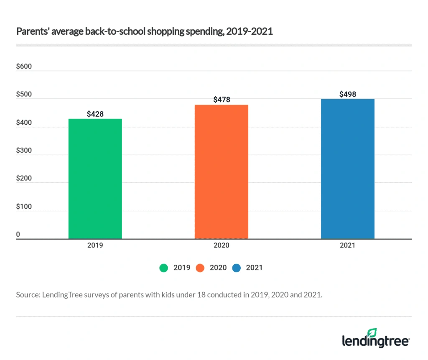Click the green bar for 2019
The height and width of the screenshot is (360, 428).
pos(95,179)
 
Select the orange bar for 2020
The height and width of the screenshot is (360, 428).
pos(221,171)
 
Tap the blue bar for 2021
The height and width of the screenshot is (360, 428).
pos(347,169)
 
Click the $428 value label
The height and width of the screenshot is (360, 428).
pos(95,114)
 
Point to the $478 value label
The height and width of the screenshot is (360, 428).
pos(222,100)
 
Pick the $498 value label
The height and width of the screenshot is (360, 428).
pos(347,94)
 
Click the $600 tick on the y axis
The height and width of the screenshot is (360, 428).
pos(23,67)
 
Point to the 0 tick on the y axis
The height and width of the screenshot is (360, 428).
pos(18,235)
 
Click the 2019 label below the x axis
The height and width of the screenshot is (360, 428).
pos(95,245)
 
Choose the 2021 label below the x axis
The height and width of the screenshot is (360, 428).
pos(347,245)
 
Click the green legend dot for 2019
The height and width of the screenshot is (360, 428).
pos(163,268)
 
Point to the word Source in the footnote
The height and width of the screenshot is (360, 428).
pos(28,294)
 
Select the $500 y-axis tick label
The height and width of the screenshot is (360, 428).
pos(23,95)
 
